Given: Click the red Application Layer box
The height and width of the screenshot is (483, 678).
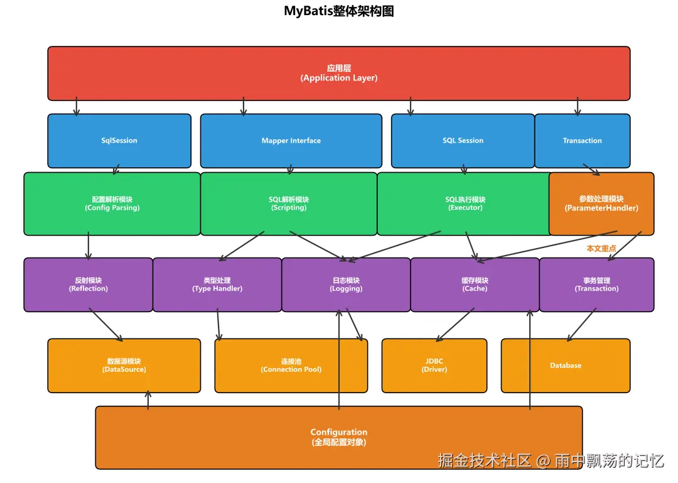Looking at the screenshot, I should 339,73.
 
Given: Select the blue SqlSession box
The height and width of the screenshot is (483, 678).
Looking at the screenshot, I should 119,141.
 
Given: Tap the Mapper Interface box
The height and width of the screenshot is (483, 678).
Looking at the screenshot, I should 291,141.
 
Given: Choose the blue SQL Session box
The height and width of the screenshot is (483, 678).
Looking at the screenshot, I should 463,141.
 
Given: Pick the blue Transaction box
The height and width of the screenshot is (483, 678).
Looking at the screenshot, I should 582,141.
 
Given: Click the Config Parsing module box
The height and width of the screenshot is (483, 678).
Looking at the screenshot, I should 112,204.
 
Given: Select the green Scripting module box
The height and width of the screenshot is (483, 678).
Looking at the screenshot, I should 289,204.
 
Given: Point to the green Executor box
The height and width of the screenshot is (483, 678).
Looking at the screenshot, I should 465,204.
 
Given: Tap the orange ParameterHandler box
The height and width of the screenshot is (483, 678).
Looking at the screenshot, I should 601,204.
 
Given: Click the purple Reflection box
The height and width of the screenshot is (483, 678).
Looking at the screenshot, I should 88,285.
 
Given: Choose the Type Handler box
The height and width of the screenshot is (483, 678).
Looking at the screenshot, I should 217,285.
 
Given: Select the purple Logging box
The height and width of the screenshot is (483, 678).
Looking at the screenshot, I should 346,285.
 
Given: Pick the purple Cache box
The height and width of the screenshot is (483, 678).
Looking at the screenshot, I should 475,285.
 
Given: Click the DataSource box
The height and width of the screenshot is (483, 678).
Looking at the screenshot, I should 124,366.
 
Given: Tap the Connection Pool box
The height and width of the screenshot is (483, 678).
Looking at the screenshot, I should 291,366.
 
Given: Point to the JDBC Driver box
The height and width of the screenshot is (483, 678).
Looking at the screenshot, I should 434,366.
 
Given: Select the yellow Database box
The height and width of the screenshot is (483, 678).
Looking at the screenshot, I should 565,366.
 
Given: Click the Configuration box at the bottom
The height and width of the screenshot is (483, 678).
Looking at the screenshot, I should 339,437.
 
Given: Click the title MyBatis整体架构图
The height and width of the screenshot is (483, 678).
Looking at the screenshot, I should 339,11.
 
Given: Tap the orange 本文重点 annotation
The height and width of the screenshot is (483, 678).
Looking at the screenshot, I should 601,249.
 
